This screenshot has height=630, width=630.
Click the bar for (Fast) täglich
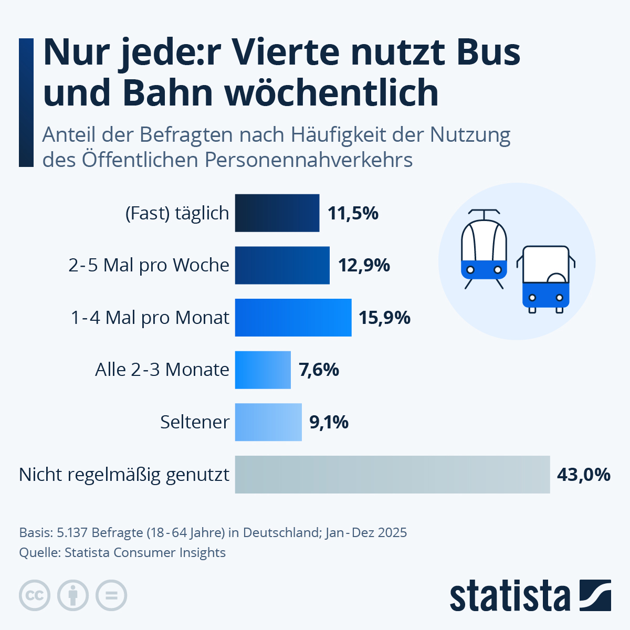[x=277, y=213]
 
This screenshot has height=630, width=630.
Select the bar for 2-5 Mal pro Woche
[x=282, y=265]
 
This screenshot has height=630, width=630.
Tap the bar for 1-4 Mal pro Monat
[x=293, y=317]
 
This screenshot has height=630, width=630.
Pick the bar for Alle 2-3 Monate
[x=262, y=370]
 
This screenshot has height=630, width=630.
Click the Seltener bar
[x=268, y=422]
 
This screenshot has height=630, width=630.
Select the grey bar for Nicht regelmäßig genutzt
[x=392, y=474]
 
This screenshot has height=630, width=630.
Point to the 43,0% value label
[x=583, y=475]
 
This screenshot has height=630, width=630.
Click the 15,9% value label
[x=384, y=318]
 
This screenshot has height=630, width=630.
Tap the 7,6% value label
[x=319, y=370]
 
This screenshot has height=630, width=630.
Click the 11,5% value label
[x=353, y=213]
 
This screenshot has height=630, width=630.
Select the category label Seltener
[x=195, y=422]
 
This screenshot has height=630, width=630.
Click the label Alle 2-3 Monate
[x=162, y=370]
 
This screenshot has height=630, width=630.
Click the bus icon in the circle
[x=545, y=279]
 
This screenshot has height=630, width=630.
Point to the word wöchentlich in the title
[x=331, y=92]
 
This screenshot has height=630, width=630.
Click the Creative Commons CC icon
[x=35, y=595]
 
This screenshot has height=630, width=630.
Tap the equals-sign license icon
[x=111, y=595]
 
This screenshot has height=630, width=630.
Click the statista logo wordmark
[x=509, y=596]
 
